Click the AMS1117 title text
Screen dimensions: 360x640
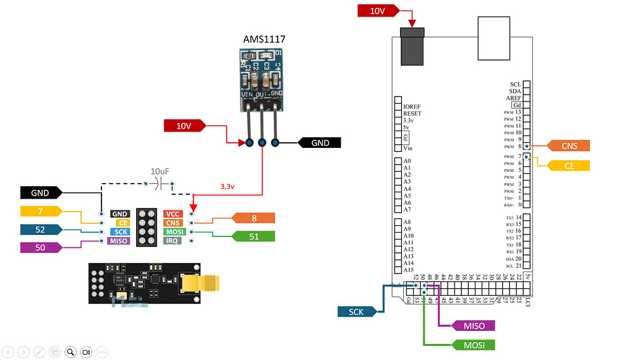[x=264, y=39]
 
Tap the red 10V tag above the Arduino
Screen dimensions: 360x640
[x=377, y=11]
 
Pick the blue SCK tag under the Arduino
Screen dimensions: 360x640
[x=356, y=312]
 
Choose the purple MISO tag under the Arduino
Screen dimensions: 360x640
[x=473, y=325]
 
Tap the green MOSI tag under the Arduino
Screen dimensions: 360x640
[x=473, y=345]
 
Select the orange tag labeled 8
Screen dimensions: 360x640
[x=254, y=218]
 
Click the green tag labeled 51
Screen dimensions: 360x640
[x=254, y=236]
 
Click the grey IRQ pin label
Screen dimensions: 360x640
[x=173, y=241]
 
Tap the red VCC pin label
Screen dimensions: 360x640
[x=173, y=214]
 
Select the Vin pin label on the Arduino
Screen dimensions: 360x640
[x=407, y=148]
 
